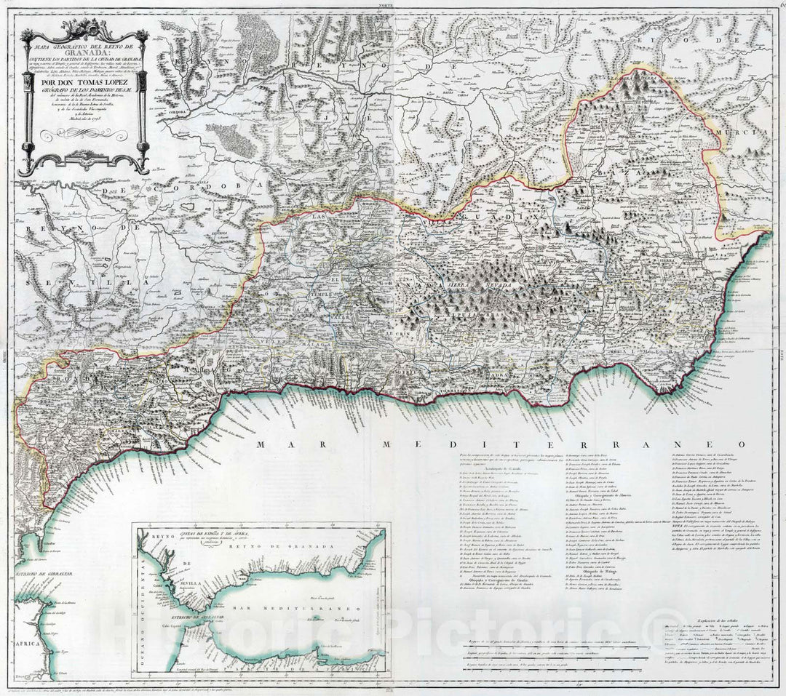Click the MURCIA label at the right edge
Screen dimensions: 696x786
735,133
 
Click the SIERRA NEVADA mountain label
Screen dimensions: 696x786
473,287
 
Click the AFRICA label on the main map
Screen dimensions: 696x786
13,644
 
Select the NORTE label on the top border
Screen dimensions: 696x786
394,4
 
